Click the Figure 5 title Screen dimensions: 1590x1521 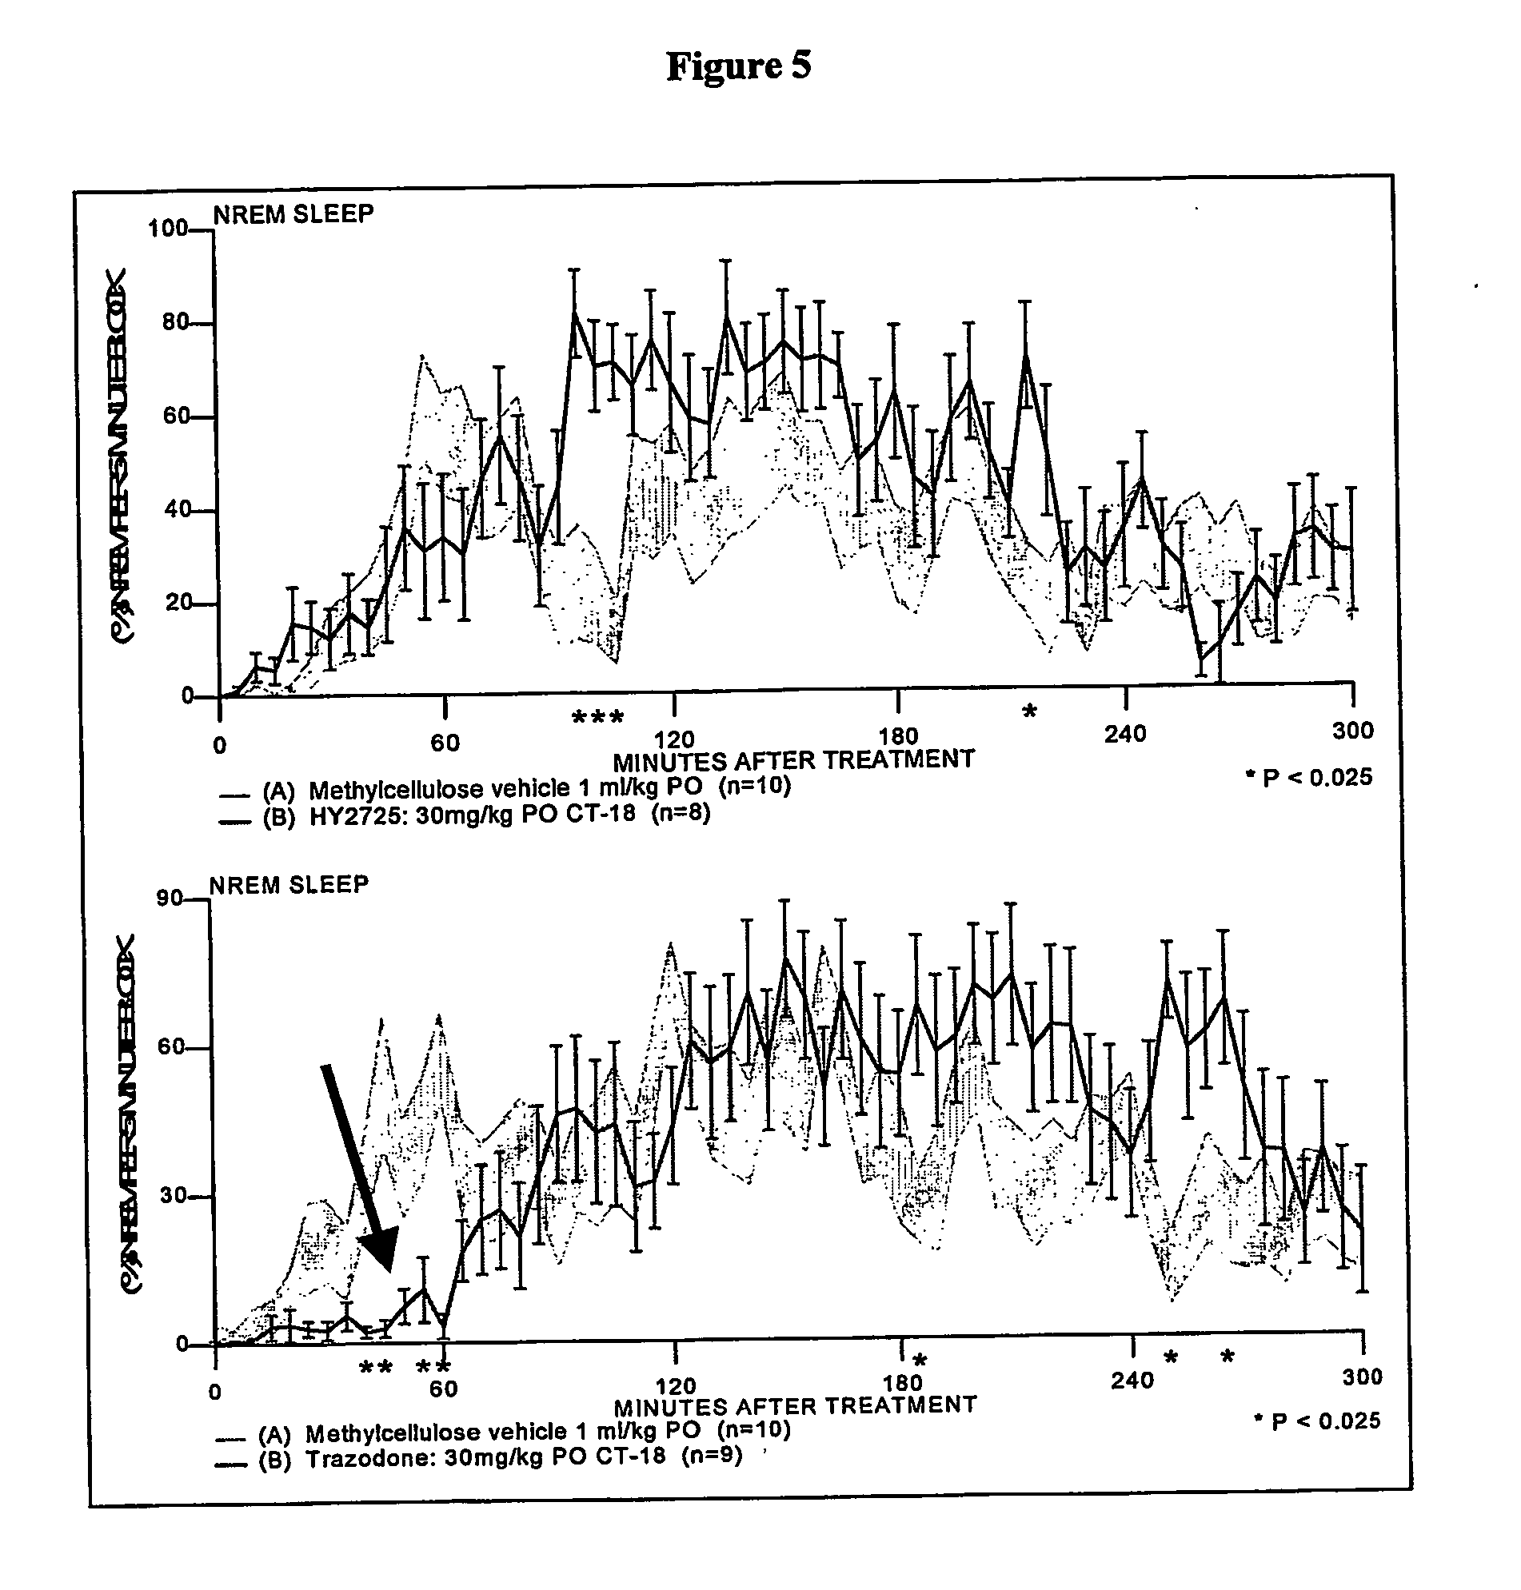click(x=738, y=66)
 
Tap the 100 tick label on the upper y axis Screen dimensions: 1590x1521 click(x=168, y=229)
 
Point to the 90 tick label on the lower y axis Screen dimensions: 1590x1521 click(x=170, y=898)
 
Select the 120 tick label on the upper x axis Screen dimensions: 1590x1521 click(x=675, y=739)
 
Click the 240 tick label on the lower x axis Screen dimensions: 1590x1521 click(x=1132, y=1380)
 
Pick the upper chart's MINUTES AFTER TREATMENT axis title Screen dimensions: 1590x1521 click(x=793, y=761)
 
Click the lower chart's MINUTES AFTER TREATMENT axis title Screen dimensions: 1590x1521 click(x=795, y=1405)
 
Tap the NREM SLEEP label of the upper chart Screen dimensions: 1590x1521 click(x=293, y=215)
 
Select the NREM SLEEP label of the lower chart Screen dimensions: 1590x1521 click(x=289, y=885)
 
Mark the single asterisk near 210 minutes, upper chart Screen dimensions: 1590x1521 click(x=1029, y=712)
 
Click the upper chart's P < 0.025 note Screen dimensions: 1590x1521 click(x=1308, y=778)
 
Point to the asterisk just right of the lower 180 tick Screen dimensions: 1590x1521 click(x=920, y=1359)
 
